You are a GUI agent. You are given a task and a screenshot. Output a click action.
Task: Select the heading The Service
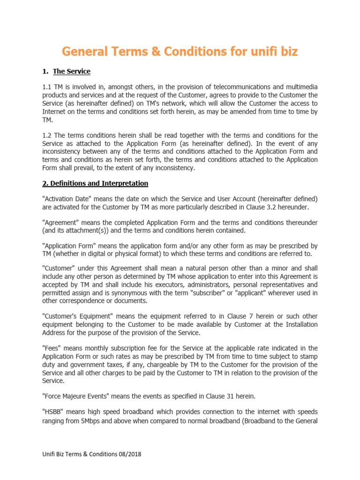click(72, 71)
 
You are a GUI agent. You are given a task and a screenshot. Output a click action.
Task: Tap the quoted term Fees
click(51, 348)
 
